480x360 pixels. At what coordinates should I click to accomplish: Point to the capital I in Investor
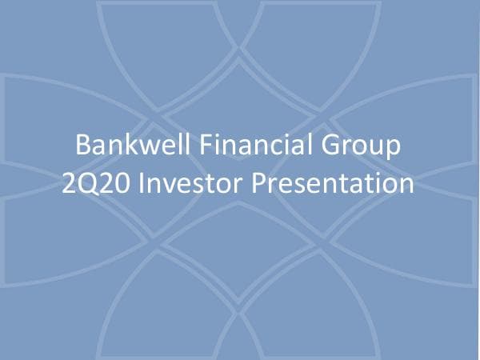pyautogui.click(x=142, y=182)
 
